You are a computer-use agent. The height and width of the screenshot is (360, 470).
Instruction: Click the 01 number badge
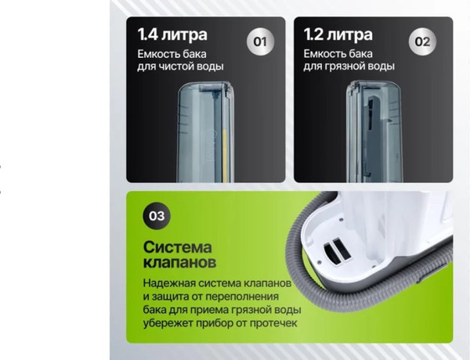(x=260, y=41)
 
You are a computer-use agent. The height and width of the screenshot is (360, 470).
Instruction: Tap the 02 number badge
(x=422, y=41)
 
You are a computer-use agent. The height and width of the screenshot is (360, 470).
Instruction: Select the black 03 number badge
(x=157, y=216)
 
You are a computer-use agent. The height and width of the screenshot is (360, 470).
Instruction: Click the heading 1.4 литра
(x=172, y=34)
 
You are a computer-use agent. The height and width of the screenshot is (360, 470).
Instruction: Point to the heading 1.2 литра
(x=338, y=34)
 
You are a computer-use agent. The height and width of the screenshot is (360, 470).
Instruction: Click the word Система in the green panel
(x=178, y=247)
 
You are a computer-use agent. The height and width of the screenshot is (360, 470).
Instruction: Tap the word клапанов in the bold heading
(x=179, y=263)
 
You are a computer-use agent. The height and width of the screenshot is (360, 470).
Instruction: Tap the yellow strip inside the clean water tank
(x=225, y=156)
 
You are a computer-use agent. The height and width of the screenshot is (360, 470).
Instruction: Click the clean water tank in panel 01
(x=205, y=131)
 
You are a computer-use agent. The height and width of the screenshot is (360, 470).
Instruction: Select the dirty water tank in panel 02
(x=374, y=131)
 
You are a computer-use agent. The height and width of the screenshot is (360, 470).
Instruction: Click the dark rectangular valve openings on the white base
(x=337, y=250)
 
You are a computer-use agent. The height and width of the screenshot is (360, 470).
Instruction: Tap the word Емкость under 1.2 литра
(x=323, y=54)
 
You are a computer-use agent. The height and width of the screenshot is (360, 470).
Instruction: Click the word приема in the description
(x=213, y=310)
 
